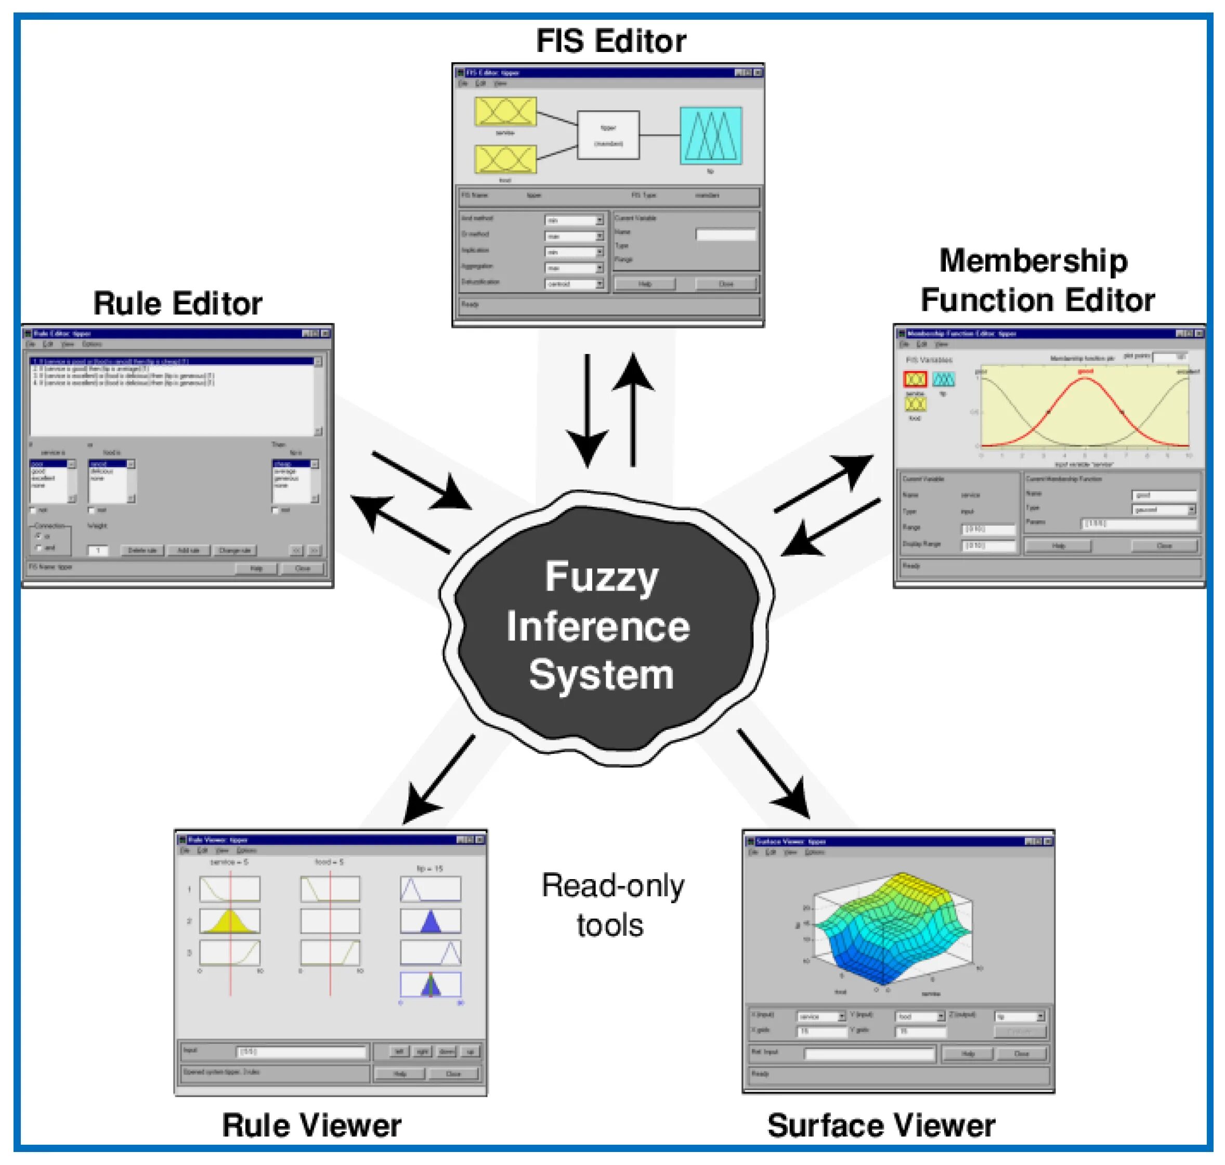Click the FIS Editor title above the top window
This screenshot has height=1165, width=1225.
click(611, 42)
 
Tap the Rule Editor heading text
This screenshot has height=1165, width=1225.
click(178, 304)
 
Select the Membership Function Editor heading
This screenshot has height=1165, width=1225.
click(1037, 280)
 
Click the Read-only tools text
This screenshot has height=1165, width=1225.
click(612, 906)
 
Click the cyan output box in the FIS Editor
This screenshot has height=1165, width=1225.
click(711, 135)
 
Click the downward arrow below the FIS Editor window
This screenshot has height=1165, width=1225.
click(587, 410)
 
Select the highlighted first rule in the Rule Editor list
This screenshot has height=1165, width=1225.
click(173, 361)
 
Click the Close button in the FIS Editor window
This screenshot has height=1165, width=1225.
click(725, 284)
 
